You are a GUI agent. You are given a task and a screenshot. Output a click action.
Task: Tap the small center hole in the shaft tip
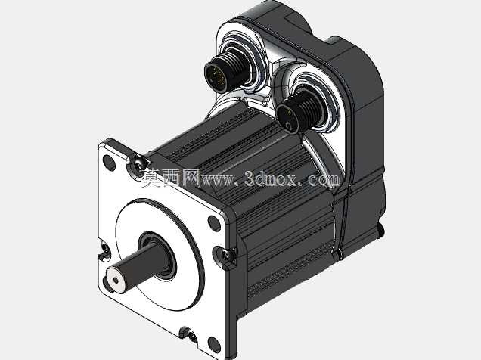[x=116, y=281]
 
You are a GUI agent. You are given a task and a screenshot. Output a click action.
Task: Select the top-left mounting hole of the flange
[x=109, y=163]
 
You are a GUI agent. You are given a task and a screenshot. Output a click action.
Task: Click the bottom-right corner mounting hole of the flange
[x=214, y=345]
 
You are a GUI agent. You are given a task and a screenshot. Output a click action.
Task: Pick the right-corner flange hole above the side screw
[x=214, y=223]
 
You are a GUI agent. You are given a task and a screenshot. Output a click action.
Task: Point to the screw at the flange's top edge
[x=138, y=165]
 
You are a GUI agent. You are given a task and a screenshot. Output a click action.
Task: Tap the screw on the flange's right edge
[x=225, y=256]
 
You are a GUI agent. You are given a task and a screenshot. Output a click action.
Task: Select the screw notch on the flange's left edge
[x=105, y=250]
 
